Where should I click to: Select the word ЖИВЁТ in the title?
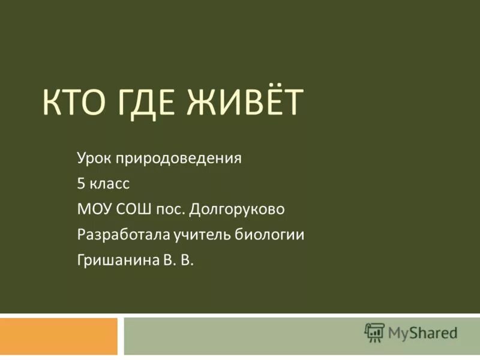[x=253, y=103]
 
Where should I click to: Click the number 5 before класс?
[x=80, y=184]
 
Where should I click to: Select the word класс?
[x=110, y=184]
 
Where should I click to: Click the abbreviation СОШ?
[x=133, y=209]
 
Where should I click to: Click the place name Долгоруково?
[x=237, y=209]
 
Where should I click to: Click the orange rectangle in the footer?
[x=58, y=336]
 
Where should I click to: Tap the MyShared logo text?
[x=422, y=331]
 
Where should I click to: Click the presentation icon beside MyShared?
[x=374, y=332]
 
